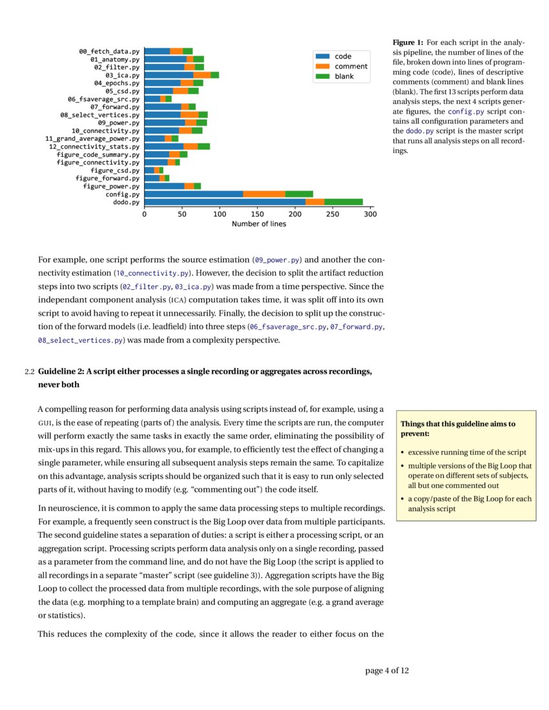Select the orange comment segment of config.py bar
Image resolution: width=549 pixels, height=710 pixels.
point(264,194)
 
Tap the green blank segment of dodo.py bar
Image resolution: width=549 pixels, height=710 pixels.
point(344,202)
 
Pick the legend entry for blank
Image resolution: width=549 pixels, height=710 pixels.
point(343,76)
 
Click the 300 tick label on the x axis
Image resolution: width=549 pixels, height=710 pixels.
point(370,214)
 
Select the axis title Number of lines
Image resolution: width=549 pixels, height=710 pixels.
point(258,224)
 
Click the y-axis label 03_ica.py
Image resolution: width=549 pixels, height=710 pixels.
point(122,75)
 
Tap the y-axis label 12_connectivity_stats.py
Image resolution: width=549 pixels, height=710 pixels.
point(94,147)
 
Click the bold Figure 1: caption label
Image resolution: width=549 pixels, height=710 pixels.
point(408,42)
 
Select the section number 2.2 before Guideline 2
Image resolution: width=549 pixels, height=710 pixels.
point(28,372)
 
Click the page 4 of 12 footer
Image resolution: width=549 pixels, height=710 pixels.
point(387,671)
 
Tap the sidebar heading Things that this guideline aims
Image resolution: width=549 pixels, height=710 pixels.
point(457,424)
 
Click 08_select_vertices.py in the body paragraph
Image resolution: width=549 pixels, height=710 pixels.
point(80,340)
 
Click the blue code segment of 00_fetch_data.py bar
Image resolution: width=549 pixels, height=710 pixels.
point(157,51)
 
